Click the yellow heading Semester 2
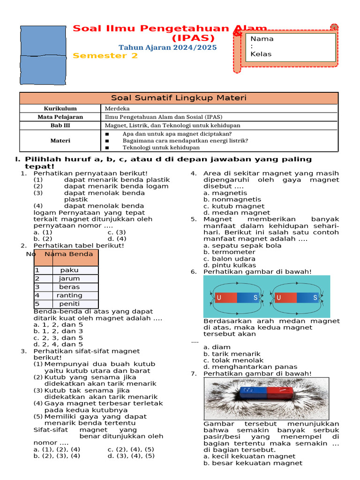coord(105,56)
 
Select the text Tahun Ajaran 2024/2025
coord(167,47)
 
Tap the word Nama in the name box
coord(262,39)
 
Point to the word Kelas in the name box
coord(261,54)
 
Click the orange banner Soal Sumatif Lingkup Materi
coord(179,98)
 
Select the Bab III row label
coord(60,125)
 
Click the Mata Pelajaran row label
coord(60,117)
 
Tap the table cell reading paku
coord(69,270)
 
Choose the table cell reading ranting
coord(69,295)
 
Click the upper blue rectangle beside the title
coord(43,41)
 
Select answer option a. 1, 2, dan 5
coord(58,324)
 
